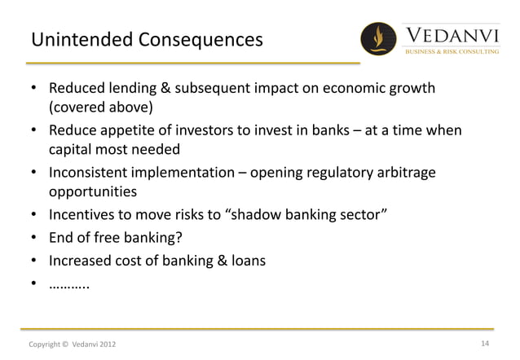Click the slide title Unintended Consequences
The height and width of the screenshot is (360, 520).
(x=147, y=39)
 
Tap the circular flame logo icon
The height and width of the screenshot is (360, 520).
(x=380, y=38)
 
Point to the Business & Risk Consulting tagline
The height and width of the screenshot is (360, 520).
(x=452, y=51)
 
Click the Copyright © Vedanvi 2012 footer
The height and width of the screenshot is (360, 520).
(x=72, y=345)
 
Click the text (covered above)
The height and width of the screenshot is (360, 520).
(x=101, y=108)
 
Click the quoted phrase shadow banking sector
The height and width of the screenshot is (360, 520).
(x=306, y=216)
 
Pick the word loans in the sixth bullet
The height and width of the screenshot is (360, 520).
(x=247, y=261)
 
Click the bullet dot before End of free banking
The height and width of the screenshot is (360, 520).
(x=35, y=239)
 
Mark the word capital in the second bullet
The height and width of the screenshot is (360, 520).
(x=74, y=151)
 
